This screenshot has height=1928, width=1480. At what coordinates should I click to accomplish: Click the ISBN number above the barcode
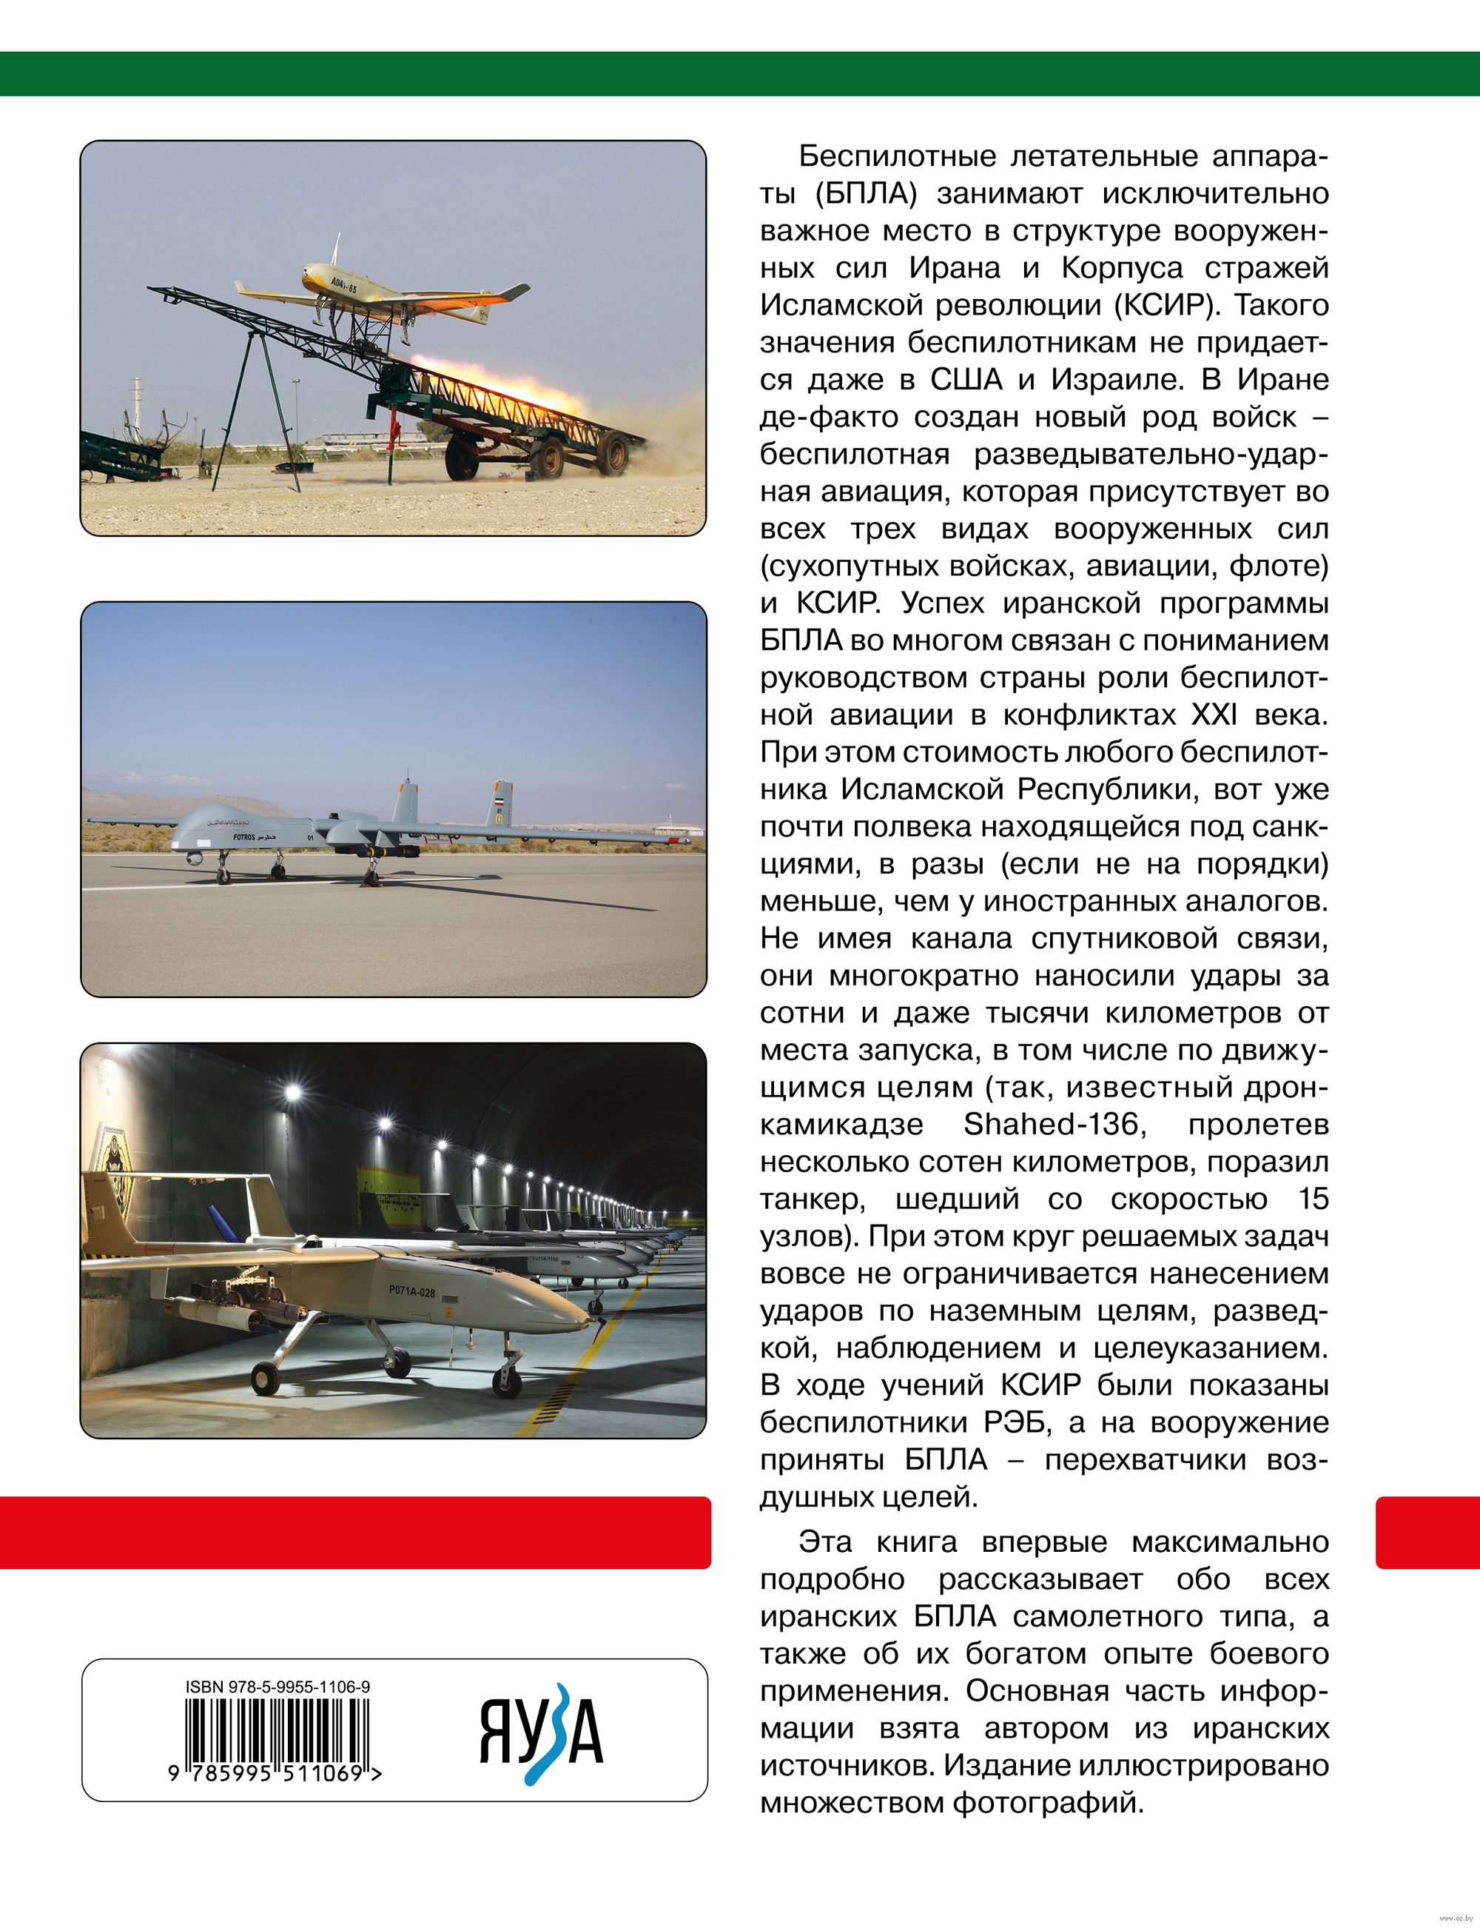point(277,1687)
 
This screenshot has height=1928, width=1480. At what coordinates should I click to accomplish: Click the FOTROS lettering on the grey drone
point(245,835)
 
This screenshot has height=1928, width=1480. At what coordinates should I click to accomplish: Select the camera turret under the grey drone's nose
point(195,857)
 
